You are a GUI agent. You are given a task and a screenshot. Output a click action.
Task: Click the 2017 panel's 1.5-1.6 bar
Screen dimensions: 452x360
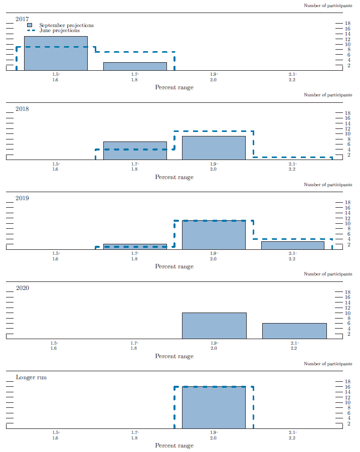click(56, 53)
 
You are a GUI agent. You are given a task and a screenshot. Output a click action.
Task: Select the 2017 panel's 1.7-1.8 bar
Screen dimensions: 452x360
click(135, 66)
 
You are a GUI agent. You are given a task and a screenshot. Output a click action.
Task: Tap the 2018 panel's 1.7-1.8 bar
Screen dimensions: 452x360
click(135, 150)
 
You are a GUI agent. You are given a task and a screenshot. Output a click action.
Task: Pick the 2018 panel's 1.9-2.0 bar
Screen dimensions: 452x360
click(214, 148)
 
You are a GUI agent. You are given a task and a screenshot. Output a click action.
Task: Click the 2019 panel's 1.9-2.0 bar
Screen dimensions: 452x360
click(214, 235)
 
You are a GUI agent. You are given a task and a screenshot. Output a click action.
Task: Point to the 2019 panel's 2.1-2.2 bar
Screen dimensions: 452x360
click(292, 245)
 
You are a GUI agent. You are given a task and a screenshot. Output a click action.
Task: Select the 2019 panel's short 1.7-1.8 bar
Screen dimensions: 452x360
click(135, 246)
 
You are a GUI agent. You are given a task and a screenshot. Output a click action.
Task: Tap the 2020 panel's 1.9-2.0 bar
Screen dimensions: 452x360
click(214, 326)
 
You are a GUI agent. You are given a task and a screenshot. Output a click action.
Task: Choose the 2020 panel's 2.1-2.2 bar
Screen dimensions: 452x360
click(294, 331)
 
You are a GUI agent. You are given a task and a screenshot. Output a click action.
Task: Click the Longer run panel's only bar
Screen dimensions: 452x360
click(214, 407)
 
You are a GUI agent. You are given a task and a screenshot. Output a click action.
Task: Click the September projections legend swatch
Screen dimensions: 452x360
click(30, 25)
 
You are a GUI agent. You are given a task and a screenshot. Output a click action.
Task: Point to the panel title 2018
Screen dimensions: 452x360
click(22, 108)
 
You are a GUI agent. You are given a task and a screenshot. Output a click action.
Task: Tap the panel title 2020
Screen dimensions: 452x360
click(22, 288)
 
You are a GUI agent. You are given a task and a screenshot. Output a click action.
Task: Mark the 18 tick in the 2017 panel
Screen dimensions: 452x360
click(345, 24)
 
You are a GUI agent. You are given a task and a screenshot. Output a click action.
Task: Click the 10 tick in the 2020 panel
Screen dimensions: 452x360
click(345, 313)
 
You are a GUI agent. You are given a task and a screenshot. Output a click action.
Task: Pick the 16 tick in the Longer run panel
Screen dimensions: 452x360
click(345, 387)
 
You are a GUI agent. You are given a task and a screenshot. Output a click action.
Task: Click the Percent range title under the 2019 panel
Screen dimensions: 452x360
click(174, 266)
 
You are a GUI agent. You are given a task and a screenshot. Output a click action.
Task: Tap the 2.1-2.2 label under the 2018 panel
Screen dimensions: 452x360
click(292, 167)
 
